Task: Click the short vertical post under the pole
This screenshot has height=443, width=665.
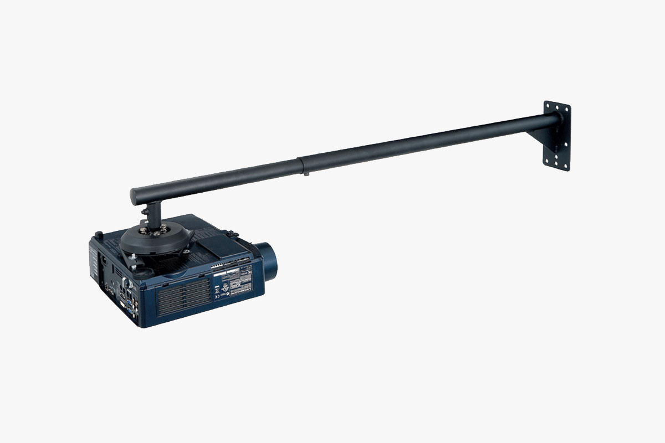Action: point(153,213)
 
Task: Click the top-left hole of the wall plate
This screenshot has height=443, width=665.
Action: point(546,105)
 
